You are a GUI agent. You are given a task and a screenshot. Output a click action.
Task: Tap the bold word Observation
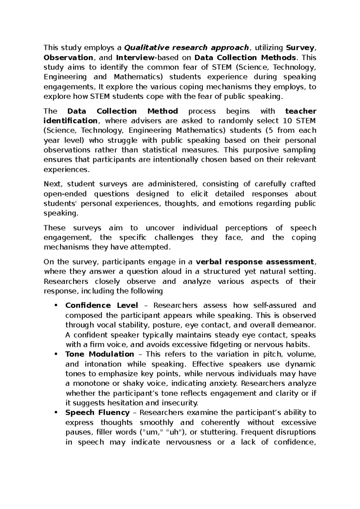pos(68,57)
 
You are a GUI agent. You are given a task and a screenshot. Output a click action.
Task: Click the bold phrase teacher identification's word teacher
pos(301,111)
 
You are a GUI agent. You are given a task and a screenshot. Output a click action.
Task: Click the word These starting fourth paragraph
pos(54,228)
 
